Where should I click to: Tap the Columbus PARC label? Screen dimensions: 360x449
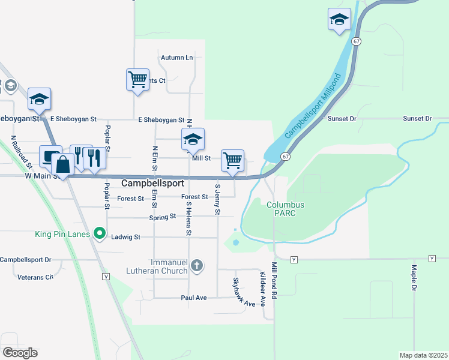coord(285,209)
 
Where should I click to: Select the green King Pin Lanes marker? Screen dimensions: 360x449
coord(100,234)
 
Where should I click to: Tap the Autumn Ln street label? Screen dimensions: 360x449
coord(176,58)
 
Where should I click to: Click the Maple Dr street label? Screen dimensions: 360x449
coord(414,278)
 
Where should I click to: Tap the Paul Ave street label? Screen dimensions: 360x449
coord(194,298)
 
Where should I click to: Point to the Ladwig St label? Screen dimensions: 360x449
coord(125,237)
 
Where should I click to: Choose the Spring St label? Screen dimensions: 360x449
coord(163,217)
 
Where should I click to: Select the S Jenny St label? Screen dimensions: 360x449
coord(217,200)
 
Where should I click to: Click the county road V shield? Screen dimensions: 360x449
coord(106,276)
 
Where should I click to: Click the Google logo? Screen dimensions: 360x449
coord(19,352)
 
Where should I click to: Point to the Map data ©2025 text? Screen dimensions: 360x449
coord(423,355)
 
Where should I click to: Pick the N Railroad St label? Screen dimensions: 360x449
coord(21,152)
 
